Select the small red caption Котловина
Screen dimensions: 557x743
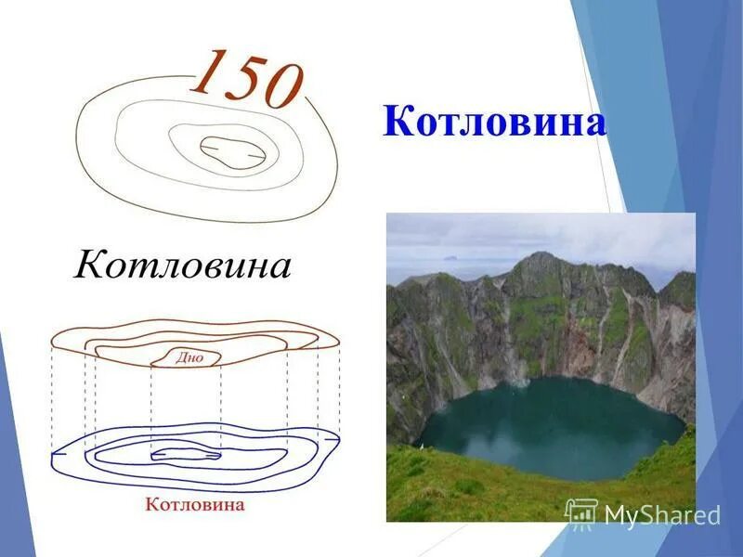195,505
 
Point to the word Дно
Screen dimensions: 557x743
189,357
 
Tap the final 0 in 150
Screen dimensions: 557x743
280,87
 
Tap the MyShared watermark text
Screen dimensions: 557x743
662,514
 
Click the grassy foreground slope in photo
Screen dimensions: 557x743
464,487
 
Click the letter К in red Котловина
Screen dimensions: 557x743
151,505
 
